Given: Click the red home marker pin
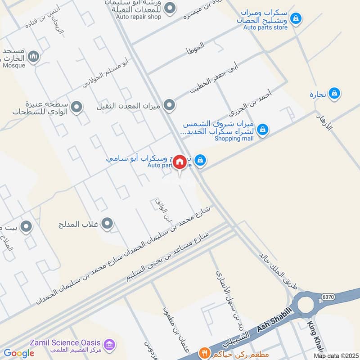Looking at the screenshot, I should (180, 162).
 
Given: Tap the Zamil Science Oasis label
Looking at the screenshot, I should (65, 342).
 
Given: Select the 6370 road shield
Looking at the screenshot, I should (328, 297).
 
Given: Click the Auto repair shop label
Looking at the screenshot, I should (138, 17).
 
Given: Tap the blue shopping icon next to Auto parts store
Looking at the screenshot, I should (296, 18).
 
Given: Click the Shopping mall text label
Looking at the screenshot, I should (234, 139).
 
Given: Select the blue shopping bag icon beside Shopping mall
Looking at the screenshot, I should (262, 130).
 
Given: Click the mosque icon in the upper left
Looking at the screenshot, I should (33, 56).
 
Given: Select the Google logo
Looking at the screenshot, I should (18, 353).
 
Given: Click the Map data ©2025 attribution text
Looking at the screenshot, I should (336, 356).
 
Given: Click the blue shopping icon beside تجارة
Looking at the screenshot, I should (334, 93).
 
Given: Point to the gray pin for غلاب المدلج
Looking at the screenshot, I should (107, 223).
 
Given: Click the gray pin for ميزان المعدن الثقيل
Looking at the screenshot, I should (169, 106).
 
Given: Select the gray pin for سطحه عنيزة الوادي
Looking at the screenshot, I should (77, 107).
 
